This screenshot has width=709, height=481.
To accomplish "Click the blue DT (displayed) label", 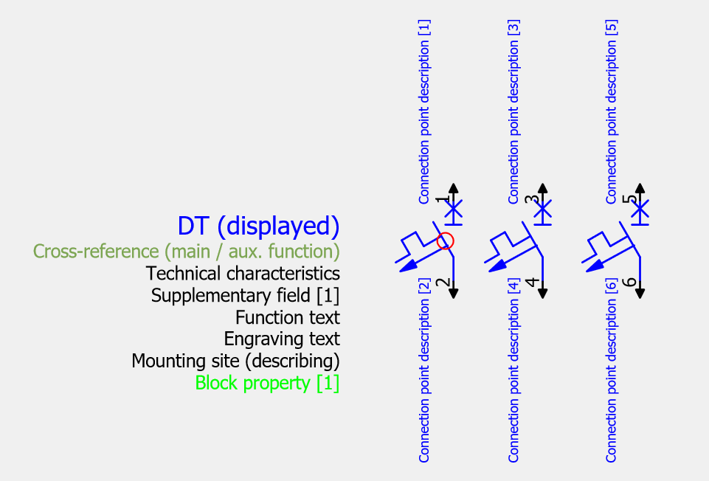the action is pyautogui.click(x=258, y=226).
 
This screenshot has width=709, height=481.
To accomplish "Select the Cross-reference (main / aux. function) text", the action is pyautogui.click(x=187, y=252).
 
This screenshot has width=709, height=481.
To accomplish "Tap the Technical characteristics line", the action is pyautogui.click(x=243, y=274).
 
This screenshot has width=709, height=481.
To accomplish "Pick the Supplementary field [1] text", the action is pyautogui.click(x=245, y=296).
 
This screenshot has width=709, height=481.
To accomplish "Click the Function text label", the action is pyautogui.click(x=288, y=317).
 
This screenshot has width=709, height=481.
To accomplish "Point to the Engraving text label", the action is pyautogui.click(x=282, y=339).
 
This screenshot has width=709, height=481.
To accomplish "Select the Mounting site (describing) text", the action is pyautogui.click(x=235, y=361).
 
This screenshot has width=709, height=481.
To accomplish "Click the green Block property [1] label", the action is pyautogui.click(x=267, y=383).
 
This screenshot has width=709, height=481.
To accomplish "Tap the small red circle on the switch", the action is pyautogui.click(x=446, y=241).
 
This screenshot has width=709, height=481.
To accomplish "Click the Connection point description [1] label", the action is pyautogui.click(x=424, y=111).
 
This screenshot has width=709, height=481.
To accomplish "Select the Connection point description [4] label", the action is pyautogui.click(x=513, y=370).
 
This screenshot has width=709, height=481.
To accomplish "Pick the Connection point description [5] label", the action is pyautogui.click(x=612, y=111).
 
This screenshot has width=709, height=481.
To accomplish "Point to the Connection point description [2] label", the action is pyautogui.click(x=424, y=370).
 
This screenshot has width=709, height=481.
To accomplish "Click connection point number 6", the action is pyautogui.click(x=629, y=283).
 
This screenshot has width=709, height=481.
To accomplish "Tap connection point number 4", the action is pyautogui.click(x=532, y=283).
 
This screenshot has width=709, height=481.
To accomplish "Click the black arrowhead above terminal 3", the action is pyautogui.click(x=542, y=188).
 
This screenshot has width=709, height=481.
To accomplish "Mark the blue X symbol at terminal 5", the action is pyautogui.click(x=640, y=210).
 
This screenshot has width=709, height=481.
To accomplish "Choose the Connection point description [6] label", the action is pyautogui.click(x=612, y=370).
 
